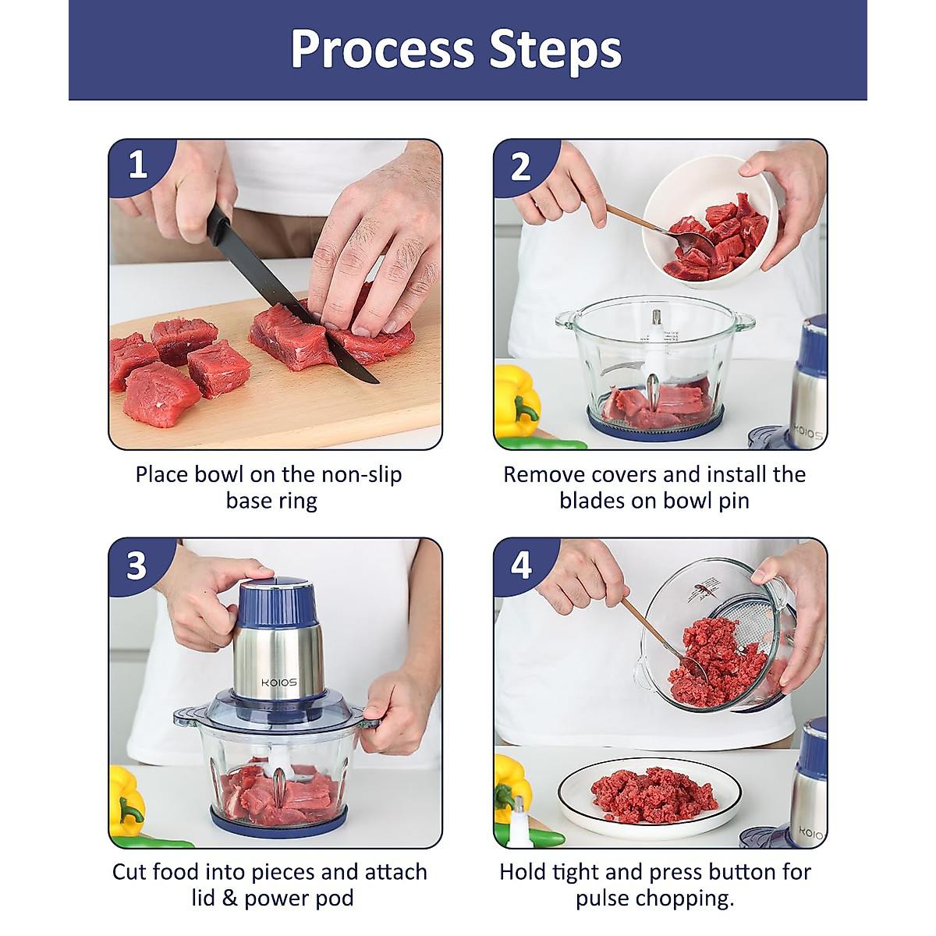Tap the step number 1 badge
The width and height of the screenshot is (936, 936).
point(138,165)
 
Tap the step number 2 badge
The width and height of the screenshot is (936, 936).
point(521,167)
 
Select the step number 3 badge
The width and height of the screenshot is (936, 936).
point(137,565)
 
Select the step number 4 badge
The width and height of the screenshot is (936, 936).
point(521,565)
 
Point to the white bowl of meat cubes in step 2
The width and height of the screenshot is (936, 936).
point(710,221)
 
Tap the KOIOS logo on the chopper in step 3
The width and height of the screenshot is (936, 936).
point(278,682)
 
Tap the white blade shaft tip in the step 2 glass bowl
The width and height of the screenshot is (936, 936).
point(657,317)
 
